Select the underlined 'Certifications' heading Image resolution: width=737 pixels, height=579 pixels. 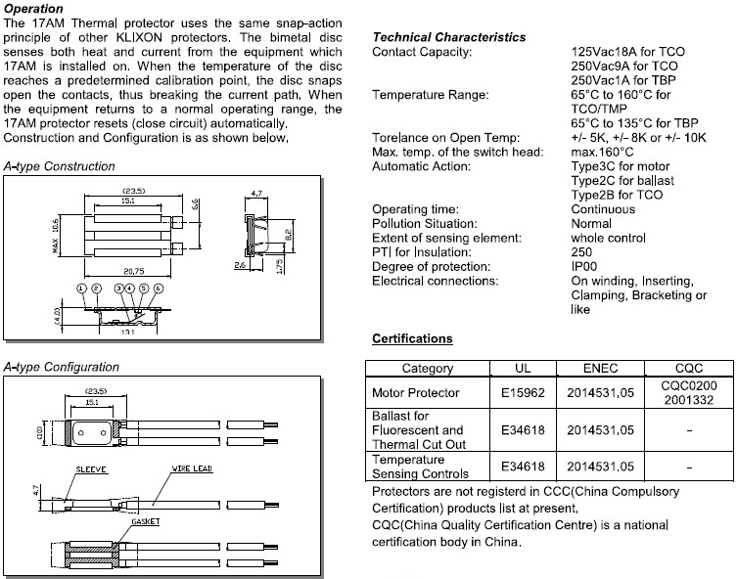coord(412,338)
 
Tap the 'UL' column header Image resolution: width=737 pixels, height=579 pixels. coord(523,368)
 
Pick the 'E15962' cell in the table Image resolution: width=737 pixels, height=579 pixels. coord(523,393)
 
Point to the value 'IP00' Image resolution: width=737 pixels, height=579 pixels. coord(585,267)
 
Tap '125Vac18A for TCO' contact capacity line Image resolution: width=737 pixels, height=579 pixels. coord(626,51)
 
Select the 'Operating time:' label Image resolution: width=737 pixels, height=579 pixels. coord(416,209)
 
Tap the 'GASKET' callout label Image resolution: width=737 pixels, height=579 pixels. coord(146,521)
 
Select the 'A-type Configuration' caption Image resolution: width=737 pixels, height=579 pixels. coord(61,367)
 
